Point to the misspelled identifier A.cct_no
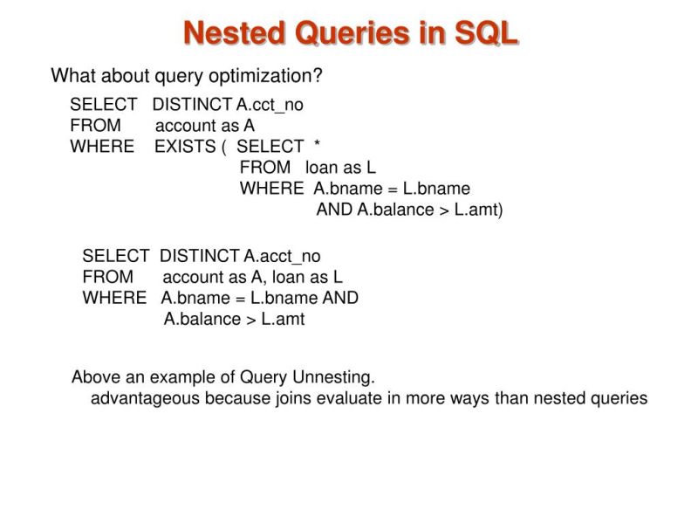click(270, 105)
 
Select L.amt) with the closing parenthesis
click(479, 210)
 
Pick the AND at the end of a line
click(340, 298)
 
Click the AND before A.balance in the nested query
click(335, 210)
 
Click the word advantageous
click(146, 398)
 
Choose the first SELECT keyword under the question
click(103, 105)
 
